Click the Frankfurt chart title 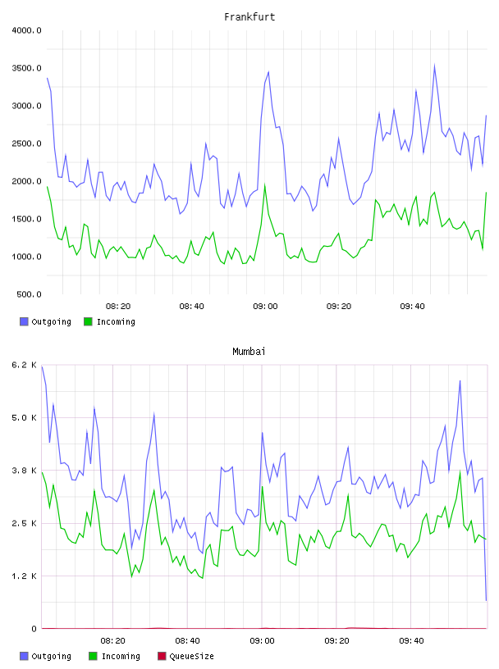249,17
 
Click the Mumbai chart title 249,352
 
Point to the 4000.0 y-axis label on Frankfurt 26,30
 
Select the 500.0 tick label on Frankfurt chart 29,294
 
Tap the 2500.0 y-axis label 26,143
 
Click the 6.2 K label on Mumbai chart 24,365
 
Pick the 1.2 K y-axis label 24,576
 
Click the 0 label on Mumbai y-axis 34,629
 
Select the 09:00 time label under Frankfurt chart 265,307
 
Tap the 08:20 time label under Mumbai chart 112,641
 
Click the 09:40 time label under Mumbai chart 411,641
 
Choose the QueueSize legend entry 185,656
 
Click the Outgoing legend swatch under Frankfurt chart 24,321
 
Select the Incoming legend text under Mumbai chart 121,656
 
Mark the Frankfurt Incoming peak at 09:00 265,185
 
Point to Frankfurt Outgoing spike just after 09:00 268,72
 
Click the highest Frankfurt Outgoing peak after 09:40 434,66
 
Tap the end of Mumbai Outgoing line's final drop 486,600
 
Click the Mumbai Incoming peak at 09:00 263,487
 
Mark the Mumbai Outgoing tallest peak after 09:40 460,380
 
